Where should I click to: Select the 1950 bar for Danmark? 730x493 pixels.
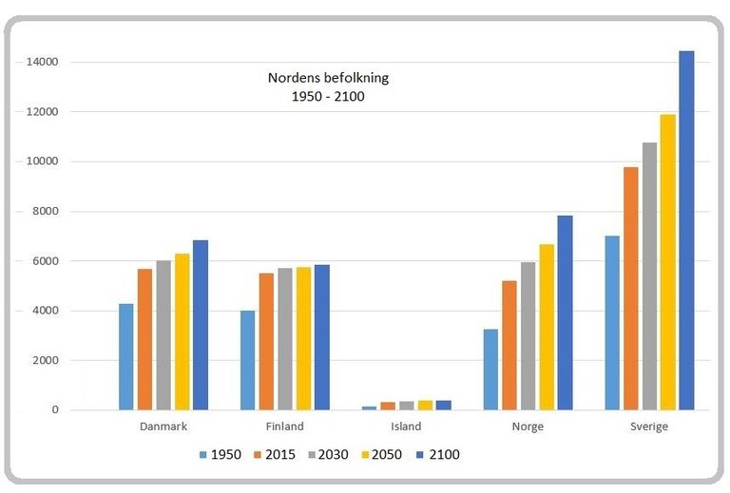coord(126,357)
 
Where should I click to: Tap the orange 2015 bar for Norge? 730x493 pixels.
coord(509,346)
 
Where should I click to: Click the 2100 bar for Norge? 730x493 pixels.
coord(565,313)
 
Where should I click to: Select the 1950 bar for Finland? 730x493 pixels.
coord(247,360)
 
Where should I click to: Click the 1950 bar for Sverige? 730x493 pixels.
coord(612,323)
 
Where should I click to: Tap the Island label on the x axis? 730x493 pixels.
coord(406,427)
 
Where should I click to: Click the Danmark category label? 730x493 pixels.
coord(163,427)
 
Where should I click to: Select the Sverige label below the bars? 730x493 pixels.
coord(649,427)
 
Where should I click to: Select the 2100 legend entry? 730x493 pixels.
coord(436,455)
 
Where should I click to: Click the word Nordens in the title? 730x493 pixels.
coord(294,78)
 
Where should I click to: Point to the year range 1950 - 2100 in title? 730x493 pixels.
coord(328,96)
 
